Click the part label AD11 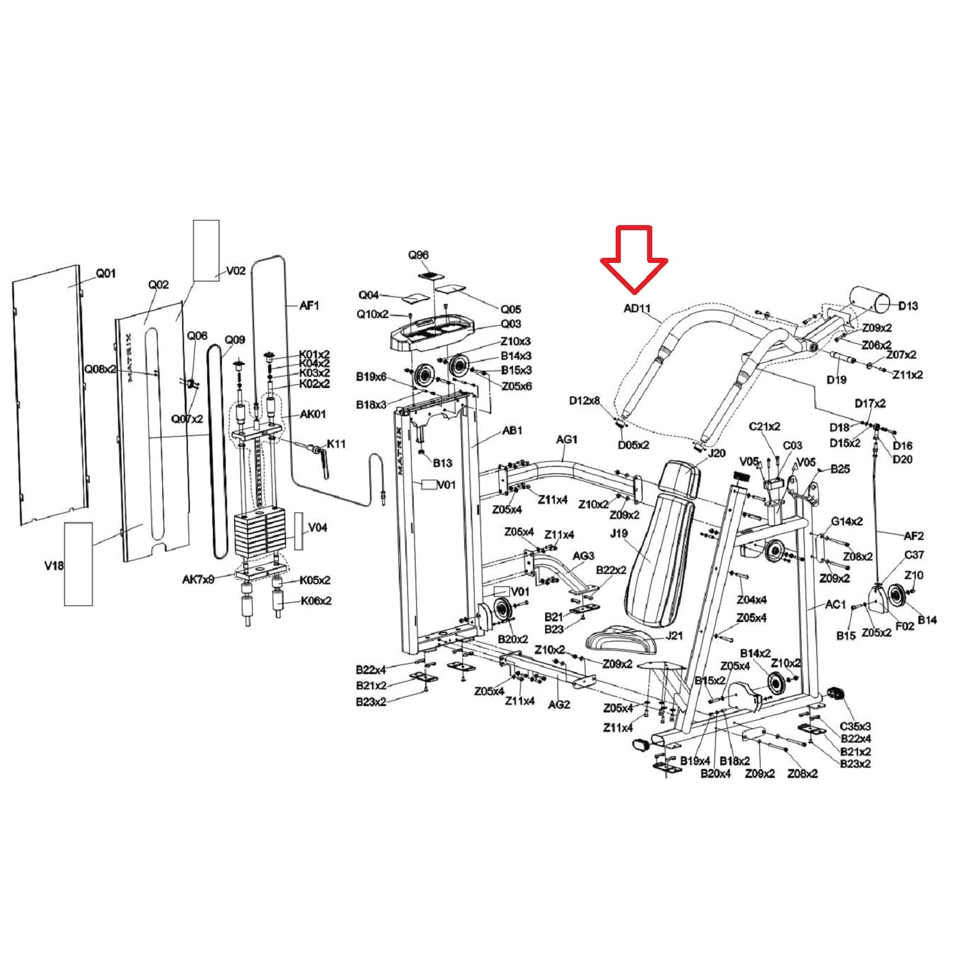coord(637,308)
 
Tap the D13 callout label coord(907,306)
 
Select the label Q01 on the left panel coord(106,273)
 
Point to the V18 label coord(54,566)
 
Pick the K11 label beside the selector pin coord(336,443)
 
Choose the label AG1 coord(566,439)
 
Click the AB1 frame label coord(512,430)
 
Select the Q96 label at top coord(418,255)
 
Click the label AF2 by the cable coord(914,536)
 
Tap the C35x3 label coord(856,727)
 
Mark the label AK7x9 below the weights coord(198,580)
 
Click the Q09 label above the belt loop coord(235,340)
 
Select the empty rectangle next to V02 coord(207,251)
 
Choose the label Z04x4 coord(752,600)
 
